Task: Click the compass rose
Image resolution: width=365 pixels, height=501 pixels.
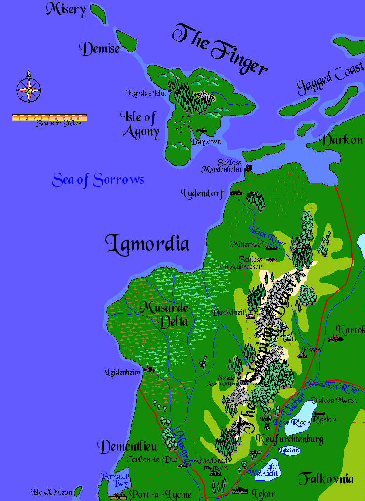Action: [x=28, y=89]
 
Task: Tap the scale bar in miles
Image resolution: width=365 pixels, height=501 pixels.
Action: [x=49, y=118]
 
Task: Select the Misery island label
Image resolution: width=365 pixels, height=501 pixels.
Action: [x=66, y=9]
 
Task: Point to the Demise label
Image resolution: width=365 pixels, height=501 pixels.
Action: [x=101, y=48]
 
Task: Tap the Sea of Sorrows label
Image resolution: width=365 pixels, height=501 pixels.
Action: [x=98, y=180]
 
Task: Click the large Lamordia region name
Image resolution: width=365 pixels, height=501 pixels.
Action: [x=147, y=244]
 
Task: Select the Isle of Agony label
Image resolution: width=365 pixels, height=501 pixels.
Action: [x=140, y=124]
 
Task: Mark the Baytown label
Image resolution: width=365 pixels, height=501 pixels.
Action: [x=206, y=141]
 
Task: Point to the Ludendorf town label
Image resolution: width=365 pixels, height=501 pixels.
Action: [x=203, y=192]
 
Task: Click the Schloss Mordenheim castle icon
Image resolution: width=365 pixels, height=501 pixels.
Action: [x=248, y=169]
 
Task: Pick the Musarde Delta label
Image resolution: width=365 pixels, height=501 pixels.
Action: [x=164, y=314]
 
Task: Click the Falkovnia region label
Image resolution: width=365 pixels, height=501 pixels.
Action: [x=326, y=478]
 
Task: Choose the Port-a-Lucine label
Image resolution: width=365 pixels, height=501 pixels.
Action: [x=160, y=494]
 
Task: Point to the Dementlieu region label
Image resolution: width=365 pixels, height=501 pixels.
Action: [x=127, y=447]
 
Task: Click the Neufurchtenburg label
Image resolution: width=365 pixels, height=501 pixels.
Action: [x=290, y=439]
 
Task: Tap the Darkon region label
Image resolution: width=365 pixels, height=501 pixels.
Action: [x=342, y=140]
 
